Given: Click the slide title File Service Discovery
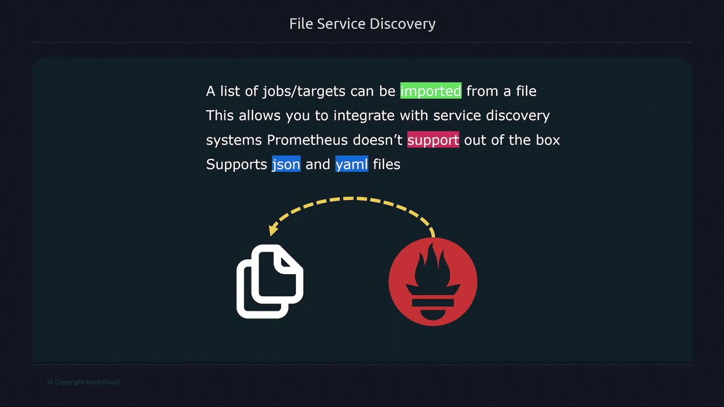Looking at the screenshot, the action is [363, 24].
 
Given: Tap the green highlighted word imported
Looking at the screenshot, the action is [431, 91].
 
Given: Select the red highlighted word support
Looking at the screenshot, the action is [433, 140].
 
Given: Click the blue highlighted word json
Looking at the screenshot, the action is [286, 164].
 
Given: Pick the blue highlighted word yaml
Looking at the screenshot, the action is [352, 164].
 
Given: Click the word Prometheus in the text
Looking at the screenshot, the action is [307, 140].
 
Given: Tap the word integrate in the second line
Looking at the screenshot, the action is [364, 116].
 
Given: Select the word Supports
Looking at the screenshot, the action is [236, 164].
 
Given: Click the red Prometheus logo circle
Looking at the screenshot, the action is [433, 282].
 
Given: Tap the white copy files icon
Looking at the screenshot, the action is [270, 282].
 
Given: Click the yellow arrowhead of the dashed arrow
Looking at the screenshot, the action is [273, 230].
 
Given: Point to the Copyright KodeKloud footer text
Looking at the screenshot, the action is [83, 382].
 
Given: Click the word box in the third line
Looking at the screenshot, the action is [548, 140].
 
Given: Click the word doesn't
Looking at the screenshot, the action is [377, 140].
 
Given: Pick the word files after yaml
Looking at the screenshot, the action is [386, 164].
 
